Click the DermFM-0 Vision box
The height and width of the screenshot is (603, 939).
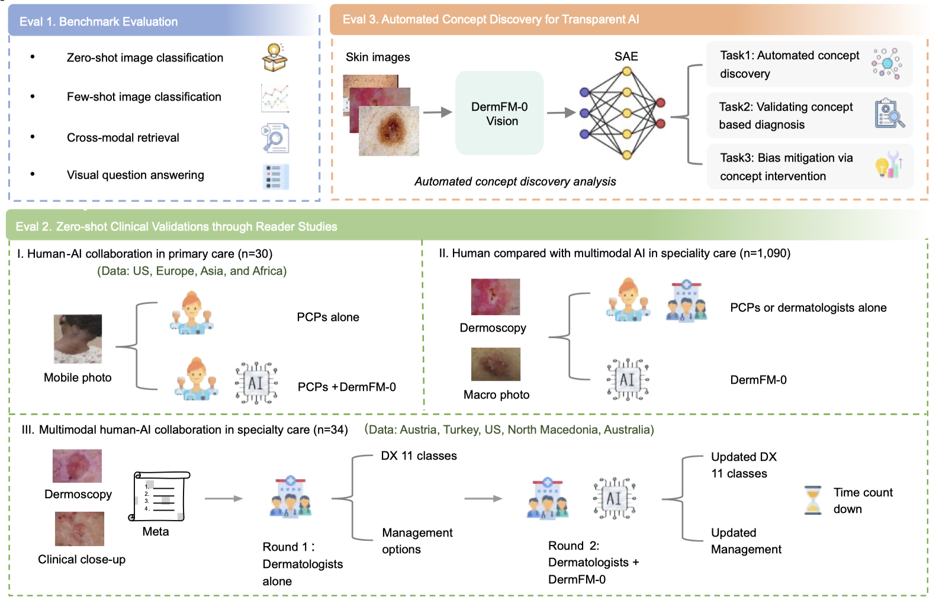499,113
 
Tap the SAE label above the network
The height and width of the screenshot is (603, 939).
626,56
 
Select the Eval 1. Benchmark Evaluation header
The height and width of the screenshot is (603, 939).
98,22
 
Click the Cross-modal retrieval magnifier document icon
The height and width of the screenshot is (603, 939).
275,138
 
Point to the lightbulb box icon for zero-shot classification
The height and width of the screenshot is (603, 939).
275,58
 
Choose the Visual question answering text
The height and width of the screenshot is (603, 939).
135,175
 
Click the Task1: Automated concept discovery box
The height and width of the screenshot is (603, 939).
809,65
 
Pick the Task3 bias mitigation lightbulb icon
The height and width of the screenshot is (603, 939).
888,165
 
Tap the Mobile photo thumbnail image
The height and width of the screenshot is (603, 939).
78,339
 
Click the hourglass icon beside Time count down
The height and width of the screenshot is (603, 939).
813,500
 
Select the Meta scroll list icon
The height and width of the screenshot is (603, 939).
159,496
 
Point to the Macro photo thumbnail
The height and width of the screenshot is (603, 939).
496,364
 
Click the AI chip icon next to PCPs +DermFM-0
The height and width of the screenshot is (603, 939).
256,383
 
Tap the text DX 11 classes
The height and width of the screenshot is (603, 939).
419,456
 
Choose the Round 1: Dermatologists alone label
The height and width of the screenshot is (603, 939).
302,564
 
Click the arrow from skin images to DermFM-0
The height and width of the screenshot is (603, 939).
437,113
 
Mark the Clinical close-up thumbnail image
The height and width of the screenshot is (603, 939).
79,529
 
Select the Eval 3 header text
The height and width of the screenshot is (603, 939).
490,20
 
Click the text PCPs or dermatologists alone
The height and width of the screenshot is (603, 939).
808,308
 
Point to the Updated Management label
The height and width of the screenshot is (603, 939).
745,541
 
